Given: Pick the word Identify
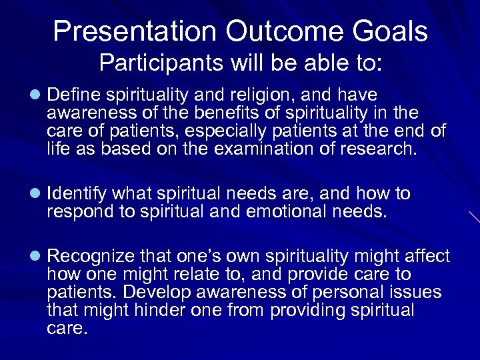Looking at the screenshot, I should point(77,194).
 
